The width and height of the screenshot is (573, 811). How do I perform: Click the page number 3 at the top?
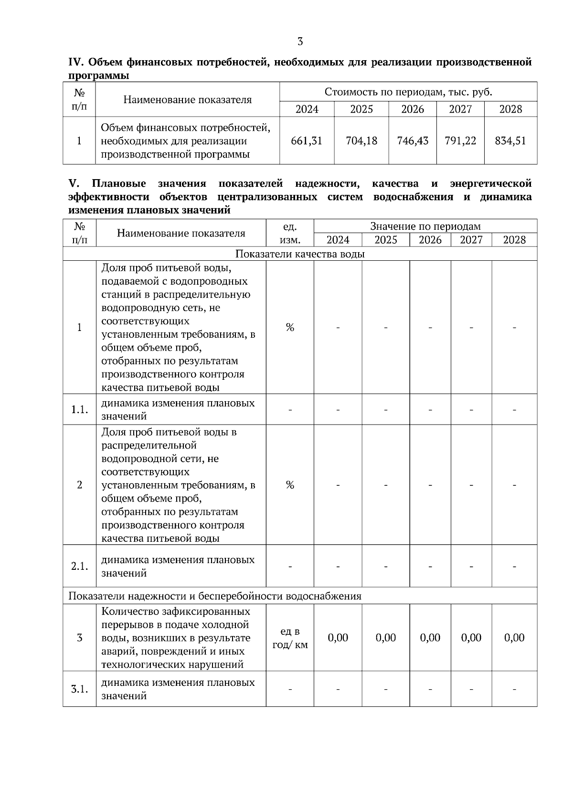pos(300,42)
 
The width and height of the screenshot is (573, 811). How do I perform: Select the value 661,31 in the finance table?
pos(307,141)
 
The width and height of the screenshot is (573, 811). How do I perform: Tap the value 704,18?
pos(361,141)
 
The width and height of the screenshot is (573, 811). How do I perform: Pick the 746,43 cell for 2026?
pos(413,141)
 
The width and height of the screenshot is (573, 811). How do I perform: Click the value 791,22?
pos(460,141)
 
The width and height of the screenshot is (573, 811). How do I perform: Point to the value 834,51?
pos(510,141)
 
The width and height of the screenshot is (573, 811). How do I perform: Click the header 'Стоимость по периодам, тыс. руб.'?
pos(408,92)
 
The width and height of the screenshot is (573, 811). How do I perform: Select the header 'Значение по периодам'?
pos(425,226)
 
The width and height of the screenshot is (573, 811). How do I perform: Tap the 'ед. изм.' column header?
pos(290,233)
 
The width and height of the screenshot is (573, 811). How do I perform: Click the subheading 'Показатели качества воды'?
pos(300,254)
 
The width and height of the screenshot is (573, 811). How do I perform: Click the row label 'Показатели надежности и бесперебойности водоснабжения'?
pos(215,596)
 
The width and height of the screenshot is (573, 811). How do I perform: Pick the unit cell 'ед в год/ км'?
pos(290,638)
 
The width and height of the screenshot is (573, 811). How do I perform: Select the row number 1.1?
pos(79,410)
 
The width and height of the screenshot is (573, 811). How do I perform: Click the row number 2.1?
pos(79,566)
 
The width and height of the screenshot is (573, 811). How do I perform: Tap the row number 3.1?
pos(79,689)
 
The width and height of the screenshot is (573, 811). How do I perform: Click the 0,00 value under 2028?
pos(514,638)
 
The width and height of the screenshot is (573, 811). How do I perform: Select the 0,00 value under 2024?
pos(338,638)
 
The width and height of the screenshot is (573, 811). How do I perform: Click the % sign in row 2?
pos(290,485)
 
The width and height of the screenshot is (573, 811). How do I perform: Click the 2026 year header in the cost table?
pos(413,109)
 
